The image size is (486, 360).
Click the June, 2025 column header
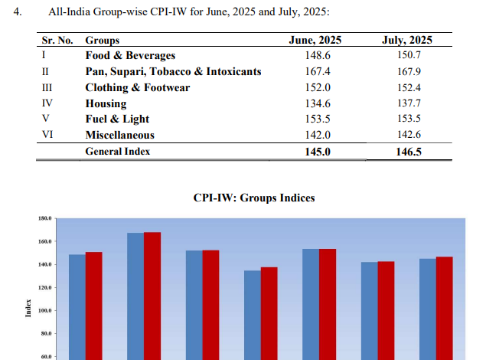[315, 40]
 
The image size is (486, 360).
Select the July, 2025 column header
[406, 40]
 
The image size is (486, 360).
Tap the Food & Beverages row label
[130, 55]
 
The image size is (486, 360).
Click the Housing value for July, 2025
[406, 103]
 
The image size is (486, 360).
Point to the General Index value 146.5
[406, 152]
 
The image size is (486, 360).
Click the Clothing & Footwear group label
[137, 87]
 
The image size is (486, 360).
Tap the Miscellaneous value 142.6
[406, 135]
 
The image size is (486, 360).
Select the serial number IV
[47, 103]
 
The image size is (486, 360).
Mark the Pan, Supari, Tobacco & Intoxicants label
[173, 71]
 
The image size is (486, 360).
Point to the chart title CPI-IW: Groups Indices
[254, 198]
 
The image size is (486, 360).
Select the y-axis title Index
[28, 311]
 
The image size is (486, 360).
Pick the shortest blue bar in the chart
[253, 314]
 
